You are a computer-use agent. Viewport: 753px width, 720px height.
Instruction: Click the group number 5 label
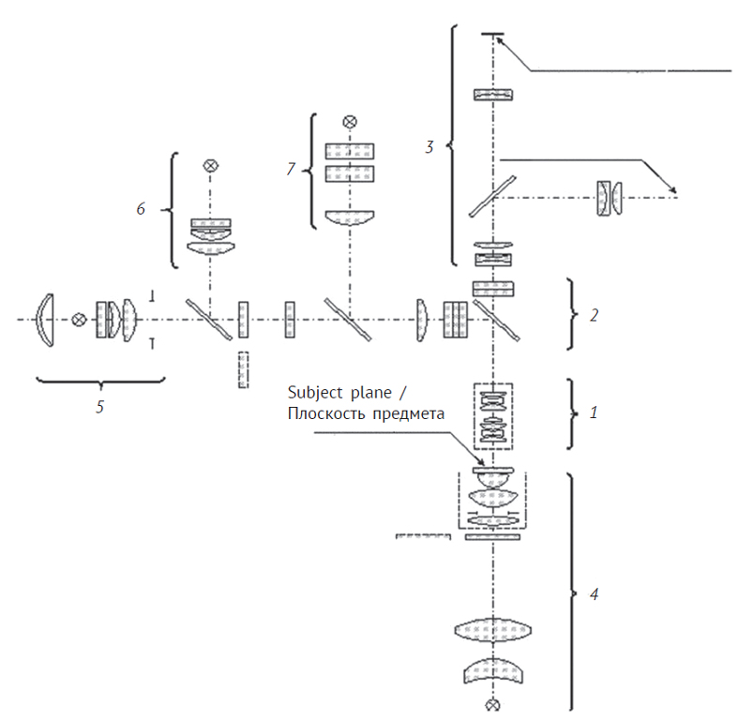[100, 407]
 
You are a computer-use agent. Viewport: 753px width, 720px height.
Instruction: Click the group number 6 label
[141, 209]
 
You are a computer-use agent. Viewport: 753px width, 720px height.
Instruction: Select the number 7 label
[291, 169]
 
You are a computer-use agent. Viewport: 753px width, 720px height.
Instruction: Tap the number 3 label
[429, 147]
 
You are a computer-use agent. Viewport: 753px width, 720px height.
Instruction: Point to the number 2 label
[594, 315]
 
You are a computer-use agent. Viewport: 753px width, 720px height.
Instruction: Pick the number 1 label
[594, 412]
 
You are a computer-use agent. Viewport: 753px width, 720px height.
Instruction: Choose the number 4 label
[594, 594]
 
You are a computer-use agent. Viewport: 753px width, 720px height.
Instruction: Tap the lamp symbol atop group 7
[350, 122]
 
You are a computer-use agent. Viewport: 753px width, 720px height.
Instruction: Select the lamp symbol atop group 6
[210, 166]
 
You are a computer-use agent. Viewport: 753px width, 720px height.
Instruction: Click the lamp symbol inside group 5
[79, 320]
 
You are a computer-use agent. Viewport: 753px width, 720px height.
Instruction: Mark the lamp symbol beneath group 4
[492, 705]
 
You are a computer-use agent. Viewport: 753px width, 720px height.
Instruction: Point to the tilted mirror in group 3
[492, 196]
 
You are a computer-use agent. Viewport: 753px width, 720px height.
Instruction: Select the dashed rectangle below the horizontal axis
[244, 369]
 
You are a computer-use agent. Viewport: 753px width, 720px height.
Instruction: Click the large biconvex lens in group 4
[492, 630]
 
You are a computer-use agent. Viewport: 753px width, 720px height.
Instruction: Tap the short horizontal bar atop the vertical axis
[492, 34]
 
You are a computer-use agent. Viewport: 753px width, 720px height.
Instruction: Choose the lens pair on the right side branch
[610, 198]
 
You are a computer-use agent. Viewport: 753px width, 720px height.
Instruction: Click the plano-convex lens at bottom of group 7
[350, 217]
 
